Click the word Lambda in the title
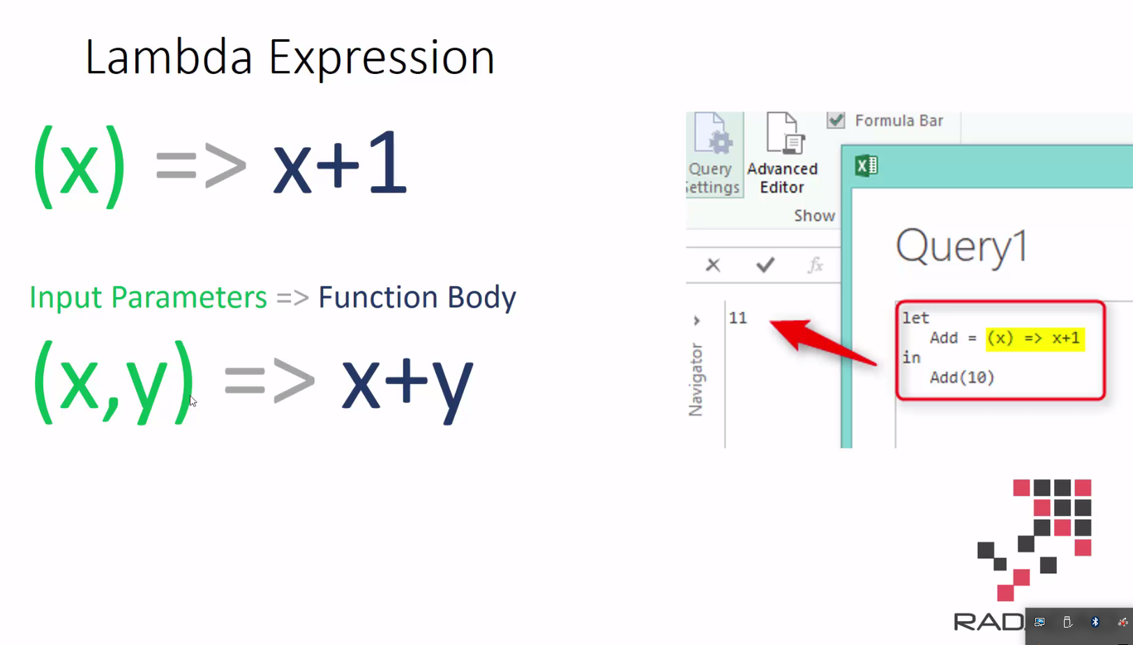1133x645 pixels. point(168,57)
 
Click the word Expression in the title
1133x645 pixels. point(382,59)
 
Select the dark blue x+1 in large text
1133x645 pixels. point(340,165)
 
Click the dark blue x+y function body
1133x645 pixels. point(407,382)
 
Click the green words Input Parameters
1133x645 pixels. point(148,298)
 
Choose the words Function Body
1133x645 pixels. point(417,298)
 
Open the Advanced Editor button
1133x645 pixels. point(782,154)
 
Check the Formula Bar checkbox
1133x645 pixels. point(836,120)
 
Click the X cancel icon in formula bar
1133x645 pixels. point(713,265)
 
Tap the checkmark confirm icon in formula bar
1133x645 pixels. point(765,265)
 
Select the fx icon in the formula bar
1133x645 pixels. point(815,265)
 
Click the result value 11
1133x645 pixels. point(738,318)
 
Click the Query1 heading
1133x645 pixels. point(961,248)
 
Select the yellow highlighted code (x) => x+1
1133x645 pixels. point(1035,338)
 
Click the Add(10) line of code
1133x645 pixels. point(962,377)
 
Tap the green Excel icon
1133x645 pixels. point(866,166)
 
